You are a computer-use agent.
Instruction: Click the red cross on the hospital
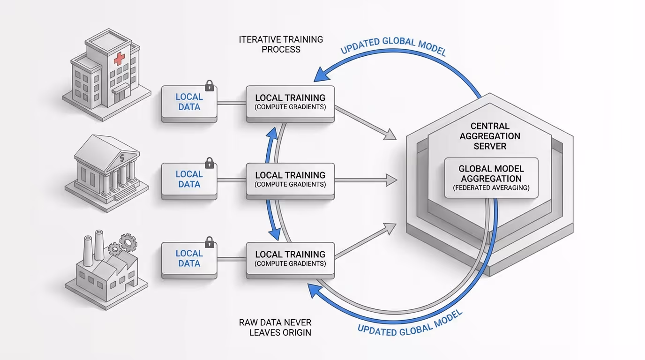[120, 59]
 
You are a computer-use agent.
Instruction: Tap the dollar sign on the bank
[122, 158]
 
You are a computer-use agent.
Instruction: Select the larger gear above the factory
[127, 242]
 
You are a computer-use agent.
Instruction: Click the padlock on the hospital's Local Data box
[209, 86]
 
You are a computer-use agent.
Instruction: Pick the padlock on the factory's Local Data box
[209, 242]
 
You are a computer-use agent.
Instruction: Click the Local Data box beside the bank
[189, 179]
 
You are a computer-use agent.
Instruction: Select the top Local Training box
[290, 103]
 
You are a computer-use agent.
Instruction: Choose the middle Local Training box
[290, 180]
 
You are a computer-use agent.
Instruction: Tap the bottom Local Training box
[290, 259]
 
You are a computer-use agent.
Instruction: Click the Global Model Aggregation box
[491, 178]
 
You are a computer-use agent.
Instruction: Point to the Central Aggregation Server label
[489, 136]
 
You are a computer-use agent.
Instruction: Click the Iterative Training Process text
[281, 44]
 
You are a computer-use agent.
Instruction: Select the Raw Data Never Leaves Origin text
[275, 328]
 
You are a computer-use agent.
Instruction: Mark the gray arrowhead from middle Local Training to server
[391, 180]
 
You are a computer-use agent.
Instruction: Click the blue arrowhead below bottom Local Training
[313, 290]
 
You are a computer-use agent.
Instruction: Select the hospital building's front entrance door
[121, 94]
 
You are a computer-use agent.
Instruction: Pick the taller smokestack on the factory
[99, 244]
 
